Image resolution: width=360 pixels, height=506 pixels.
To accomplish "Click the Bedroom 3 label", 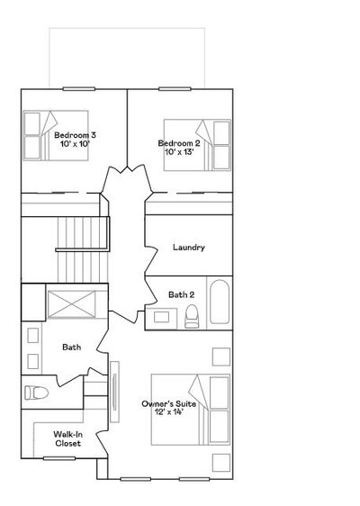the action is (75, 135).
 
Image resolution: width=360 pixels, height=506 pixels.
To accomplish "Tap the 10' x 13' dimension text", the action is (179, 151).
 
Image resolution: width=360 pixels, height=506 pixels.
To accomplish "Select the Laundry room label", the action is (189, 248).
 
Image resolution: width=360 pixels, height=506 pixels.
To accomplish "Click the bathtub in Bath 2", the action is (220, 302).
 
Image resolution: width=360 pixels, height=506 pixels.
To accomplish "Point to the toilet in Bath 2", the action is (192, 316).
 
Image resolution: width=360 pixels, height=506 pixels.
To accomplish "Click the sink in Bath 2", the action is (161, 317).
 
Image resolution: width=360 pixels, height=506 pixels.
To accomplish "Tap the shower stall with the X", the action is (72, 304).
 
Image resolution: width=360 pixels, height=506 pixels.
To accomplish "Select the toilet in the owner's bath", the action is (36, 393).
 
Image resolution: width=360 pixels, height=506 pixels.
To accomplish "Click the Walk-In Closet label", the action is (67, 438).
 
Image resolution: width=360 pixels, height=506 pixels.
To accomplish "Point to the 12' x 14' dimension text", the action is (168, 412).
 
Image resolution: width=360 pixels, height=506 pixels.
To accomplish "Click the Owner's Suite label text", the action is (168, 403).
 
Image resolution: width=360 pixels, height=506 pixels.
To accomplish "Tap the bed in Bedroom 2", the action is (197, 145).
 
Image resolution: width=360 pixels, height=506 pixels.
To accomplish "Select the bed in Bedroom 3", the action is (56, 136).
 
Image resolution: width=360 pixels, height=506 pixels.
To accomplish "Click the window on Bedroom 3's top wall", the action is (79, 89).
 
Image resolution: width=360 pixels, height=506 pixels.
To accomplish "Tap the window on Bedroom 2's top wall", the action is (175, 89).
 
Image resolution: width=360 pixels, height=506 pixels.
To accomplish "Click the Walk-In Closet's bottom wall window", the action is (59, 458).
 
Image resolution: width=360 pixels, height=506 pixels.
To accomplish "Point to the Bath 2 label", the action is (181, 294).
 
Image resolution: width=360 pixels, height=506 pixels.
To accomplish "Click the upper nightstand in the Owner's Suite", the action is (221, 357).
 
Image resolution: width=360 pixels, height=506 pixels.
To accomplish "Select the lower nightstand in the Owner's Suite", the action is (221, 463).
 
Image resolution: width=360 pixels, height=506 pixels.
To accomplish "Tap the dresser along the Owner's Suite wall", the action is (114, 392).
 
